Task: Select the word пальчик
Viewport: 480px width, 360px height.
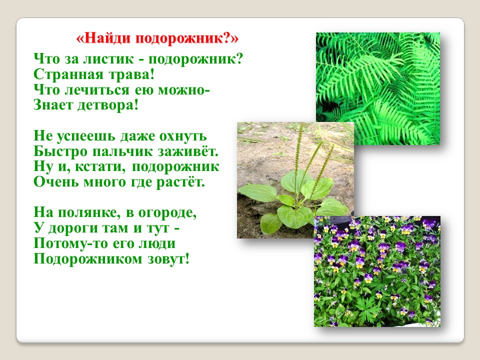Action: (x=123, y=151)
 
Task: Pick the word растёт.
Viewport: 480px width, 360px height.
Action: (x=180, y=182)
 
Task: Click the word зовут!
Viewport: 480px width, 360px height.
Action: (x=168, y=259)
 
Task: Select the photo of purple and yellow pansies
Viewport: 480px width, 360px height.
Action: (x=377, y=271)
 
